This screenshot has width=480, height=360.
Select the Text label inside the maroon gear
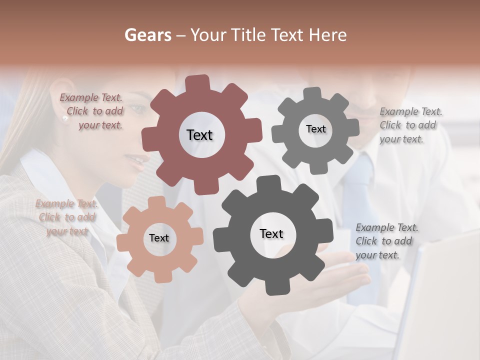[x=199, y=135]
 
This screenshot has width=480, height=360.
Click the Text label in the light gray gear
[x=315, y=129]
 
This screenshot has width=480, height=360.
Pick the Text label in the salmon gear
[x=159, y=238]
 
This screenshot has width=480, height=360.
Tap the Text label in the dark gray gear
[x=271, y=233]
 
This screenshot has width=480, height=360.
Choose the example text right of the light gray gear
[x=410, y=125]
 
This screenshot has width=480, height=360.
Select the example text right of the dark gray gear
[x=386, y=241]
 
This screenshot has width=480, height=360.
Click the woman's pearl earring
[x=64, y=118]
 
